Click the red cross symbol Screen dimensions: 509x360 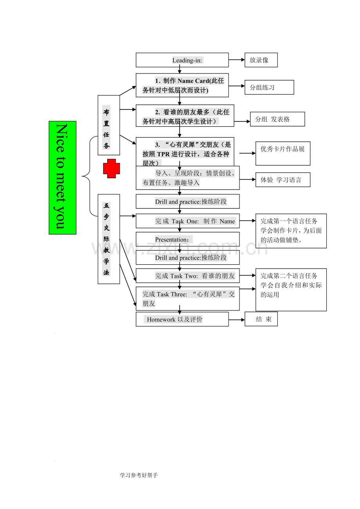click(x=112, y=168)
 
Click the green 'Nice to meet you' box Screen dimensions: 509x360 click(x=63, y=177)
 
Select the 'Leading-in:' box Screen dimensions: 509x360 click(x=182, y=60)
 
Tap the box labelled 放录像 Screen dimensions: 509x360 click(x=261, y=60)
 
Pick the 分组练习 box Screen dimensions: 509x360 click(x=269, y=87)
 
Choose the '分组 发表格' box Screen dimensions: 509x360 click(x=277, y=119)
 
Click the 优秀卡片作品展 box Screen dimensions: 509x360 click(x=283, y=153)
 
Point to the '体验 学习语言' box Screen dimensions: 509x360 click(x=283, y=180)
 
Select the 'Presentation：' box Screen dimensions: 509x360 click(x=187, y=239)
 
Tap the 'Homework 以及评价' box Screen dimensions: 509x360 click(x=182, y=319)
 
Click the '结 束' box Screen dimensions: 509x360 click(x=261, y=319)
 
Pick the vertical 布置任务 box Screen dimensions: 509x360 click(x=108, y=125)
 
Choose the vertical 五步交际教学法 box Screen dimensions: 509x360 click(x=108, y=238)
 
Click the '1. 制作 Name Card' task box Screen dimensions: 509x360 click(x=182, y=85)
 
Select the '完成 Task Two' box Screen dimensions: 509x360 click(x=187, y=276)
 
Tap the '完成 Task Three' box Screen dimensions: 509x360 click(x=187, y=299)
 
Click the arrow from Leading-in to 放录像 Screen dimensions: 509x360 click(x=236, y=60)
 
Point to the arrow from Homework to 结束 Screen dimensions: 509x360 click(x=236, y=319)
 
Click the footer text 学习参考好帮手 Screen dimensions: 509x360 click(x=139, y=475)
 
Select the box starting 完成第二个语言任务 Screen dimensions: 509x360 click(x=291, y=289)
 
